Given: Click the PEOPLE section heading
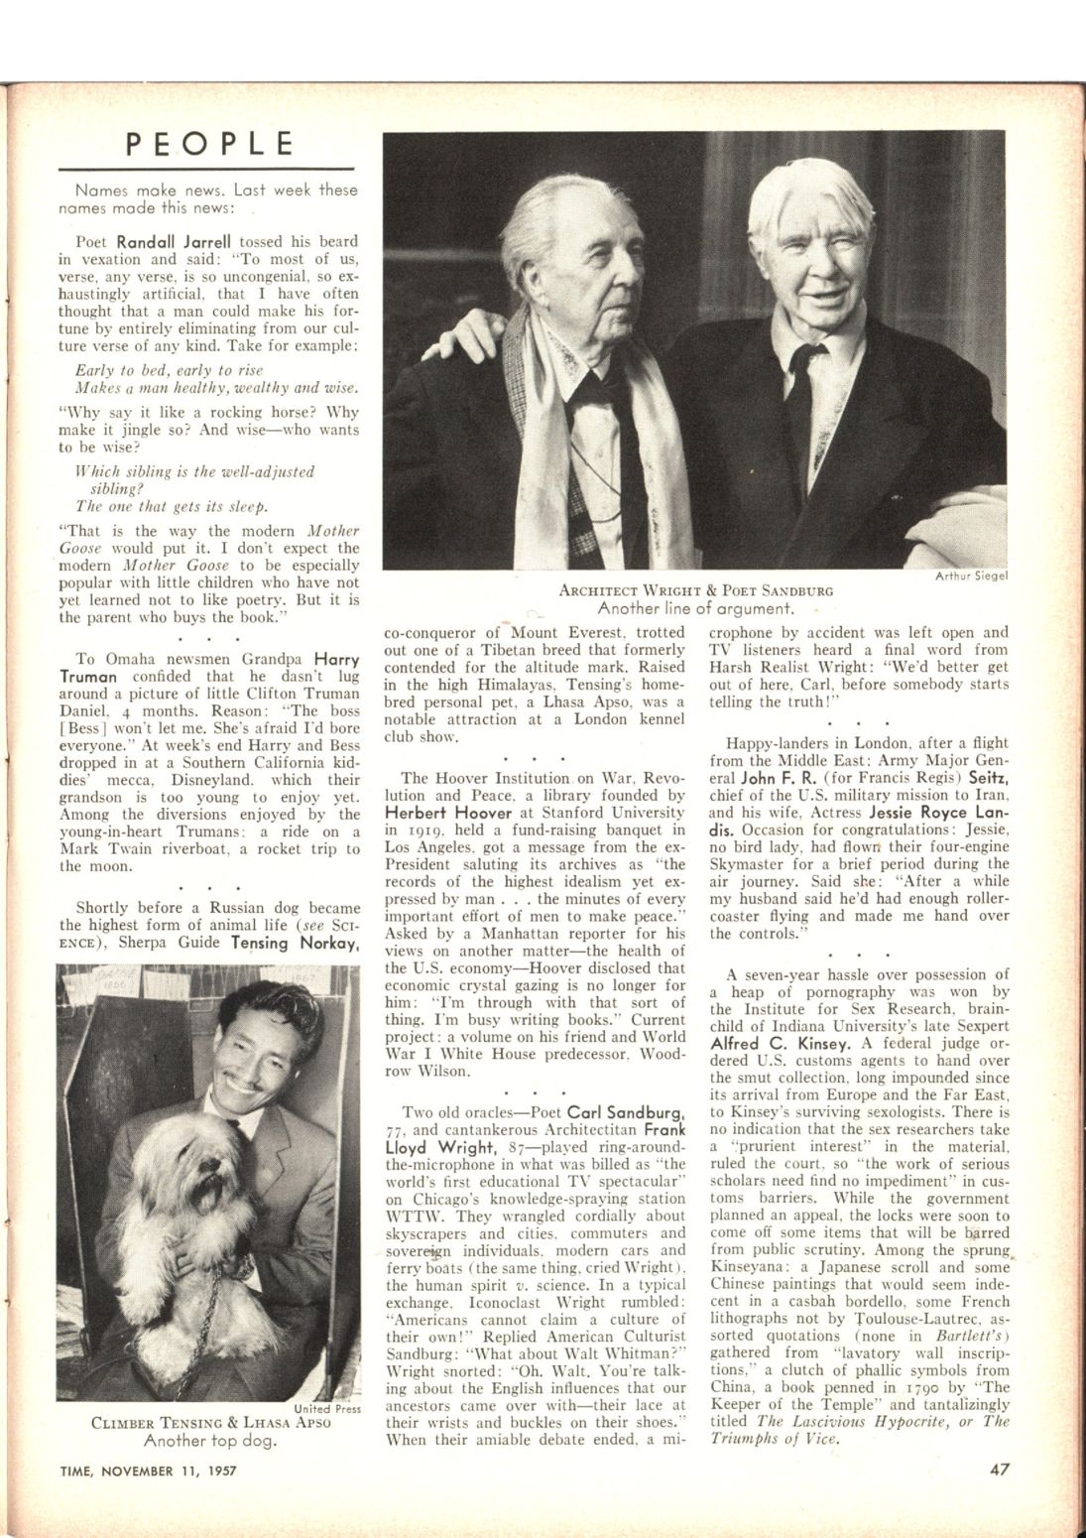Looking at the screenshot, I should tap(211, 145).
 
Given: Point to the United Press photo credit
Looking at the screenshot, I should tap(327, 1406).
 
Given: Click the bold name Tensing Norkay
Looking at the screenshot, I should tap(294, 945).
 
